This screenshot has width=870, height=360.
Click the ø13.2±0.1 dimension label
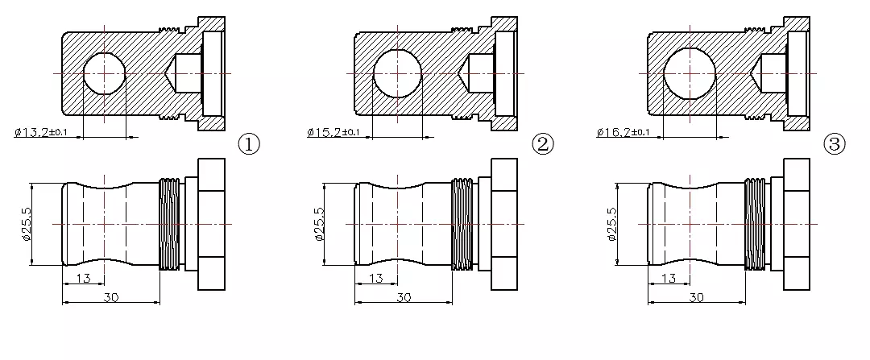click(42, 132)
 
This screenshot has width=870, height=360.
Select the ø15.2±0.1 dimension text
click(333, 132)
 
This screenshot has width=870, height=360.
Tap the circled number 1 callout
click(249, 144)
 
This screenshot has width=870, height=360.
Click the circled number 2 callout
click(543, 144)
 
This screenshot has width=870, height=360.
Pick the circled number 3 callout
click(835, 144)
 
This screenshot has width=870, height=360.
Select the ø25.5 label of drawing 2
click(319, 224)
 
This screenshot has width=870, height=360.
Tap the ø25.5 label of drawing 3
click(612, 224)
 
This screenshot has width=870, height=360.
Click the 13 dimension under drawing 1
click(83, 278)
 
